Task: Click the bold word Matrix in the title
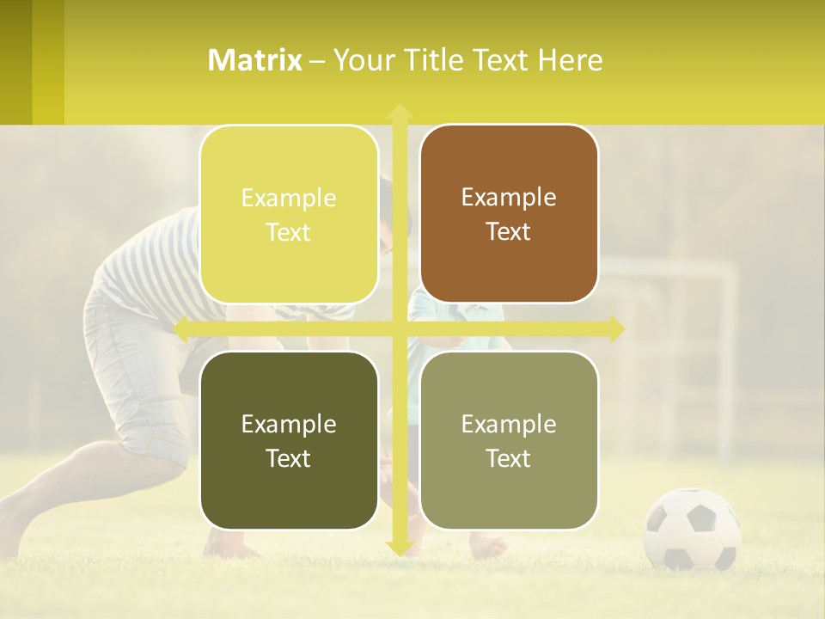(255, 60)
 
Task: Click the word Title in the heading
(438, 60)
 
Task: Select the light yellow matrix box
(289, 214)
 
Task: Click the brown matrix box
(509, 214)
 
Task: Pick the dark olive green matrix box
(289, 440)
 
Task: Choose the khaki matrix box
(509, 440)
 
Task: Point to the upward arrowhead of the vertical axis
(400, 112)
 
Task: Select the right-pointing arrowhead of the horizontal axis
(616, 328)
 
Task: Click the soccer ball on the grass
(692, 529)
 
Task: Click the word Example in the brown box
(509, 197)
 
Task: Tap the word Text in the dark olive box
(289, 458)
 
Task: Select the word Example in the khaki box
(509, 424)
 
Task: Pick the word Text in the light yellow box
(289, 232)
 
